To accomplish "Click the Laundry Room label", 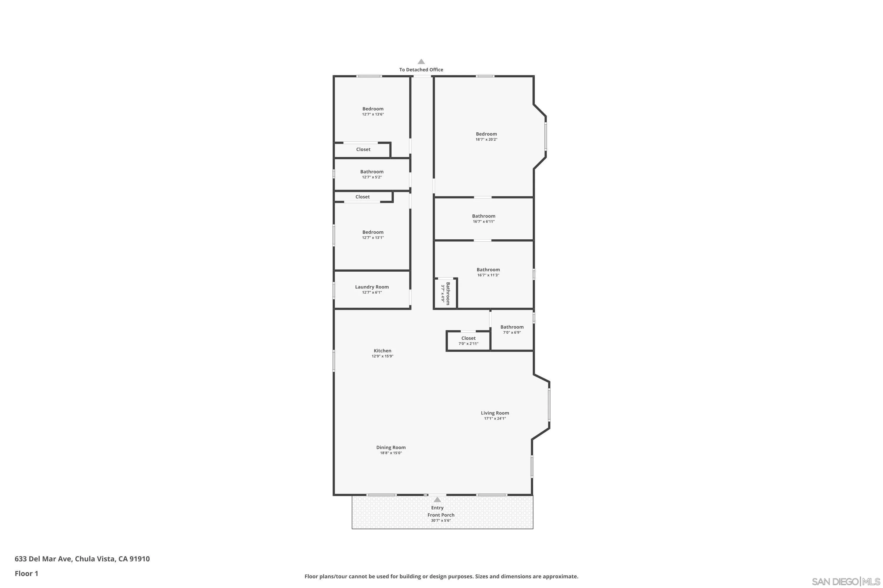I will (x=372, y=287).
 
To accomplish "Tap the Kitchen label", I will (x=382, y=351).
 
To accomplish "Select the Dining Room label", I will (x=391, y=447).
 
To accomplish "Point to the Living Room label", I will (x=495, y=413).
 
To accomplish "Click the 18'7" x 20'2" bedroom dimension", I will (x=486, y=139).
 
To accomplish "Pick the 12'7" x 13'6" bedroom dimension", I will (x=373, y=114).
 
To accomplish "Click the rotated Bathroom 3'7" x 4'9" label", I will (x=446, y=294).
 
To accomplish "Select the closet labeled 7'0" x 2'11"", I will (x=468, y=340).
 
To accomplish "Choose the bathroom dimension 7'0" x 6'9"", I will (x=512, y=333).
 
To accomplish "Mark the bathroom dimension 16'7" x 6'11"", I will (x=484, y=222).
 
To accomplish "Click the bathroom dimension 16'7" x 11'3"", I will (x=488, y=275).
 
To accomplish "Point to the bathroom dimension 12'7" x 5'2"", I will (x=372, y=177).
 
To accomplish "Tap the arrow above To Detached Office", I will (x=421, y=62).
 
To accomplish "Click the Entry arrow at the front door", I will (x=437, y=500).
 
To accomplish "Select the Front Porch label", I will (x=441, y=515).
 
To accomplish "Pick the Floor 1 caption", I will (x=26, y=573).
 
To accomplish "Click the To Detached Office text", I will (x=421, y=70).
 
